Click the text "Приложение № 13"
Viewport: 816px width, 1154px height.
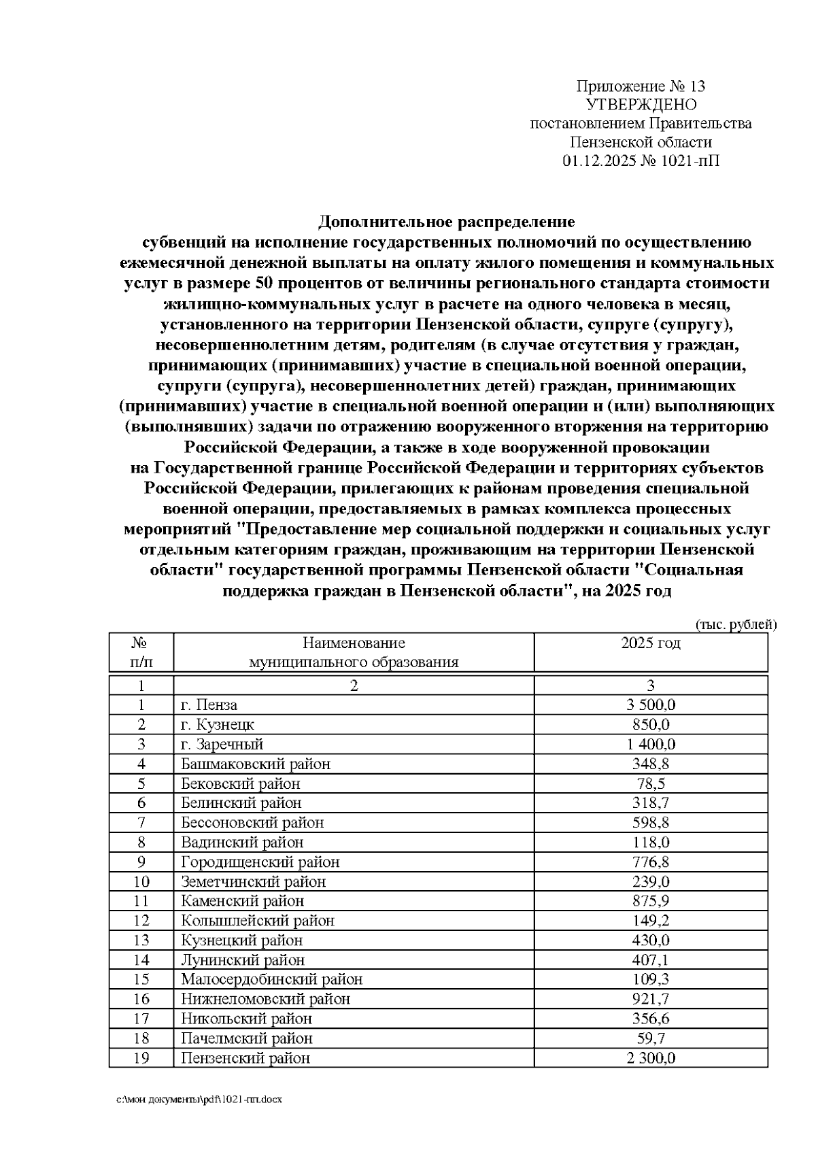[x=641, y=86]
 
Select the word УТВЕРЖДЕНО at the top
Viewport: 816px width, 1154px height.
[x=641, y=105]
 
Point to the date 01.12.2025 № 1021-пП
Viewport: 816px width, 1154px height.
[x=641, y=161]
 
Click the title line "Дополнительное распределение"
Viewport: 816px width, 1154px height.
[x=447, y=222]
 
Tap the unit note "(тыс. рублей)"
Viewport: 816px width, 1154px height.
[x=736, y=624]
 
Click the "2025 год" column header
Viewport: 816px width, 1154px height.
[x=651, y=643]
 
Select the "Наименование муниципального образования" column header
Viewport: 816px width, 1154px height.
[x=354, y=653]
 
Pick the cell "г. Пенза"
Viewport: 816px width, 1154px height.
[x=209, y=705]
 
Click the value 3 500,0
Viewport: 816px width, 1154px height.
[x=651, y=705]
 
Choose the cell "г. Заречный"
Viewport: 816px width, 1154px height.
[x=222, y=745]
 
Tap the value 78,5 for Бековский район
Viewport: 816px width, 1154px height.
[x=651, y=783]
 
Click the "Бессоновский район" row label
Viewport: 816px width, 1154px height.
[x=252, y=823]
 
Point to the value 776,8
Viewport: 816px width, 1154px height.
[x=651, y=862]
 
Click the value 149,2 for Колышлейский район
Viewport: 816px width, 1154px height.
[x=651, y=921]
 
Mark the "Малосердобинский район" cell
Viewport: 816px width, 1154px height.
[x=272, y=979]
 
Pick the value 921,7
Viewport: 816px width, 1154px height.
[x=651, y=999]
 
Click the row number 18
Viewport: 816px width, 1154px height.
[x=141, y=1038]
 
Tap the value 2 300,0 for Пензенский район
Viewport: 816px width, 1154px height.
[x=651, y=1058]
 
